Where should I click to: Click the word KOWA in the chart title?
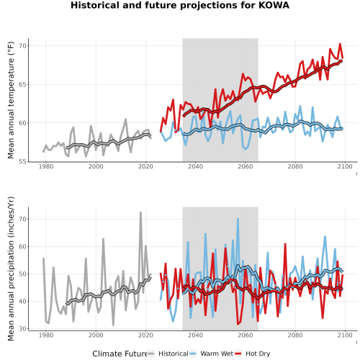coord(274,5)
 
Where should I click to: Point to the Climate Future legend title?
coord(120,354)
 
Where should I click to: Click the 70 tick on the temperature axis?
coord(22,45)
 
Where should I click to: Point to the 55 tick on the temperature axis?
coord(22,161)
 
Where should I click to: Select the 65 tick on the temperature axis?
coord(22,84)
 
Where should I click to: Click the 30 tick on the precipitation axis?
coord(22,328)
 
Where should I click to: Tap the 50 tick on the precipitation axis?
coord(22,274)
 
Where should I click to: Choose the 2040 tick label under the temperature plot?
coord(195,166)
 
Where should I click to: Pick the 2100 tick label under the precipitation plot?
coord(345,335)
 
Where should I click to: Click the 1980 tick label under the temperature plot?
coord(46,166)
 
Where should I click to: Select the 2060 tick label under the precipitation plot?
coord(246,335)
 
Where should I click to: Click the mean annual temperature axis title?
coord(11,100)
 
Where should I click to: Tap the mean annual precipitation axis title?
coord(11,269)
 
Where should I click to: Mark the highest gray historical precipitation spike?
coord(140,212)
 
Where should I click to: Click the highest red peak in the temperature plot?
coord(340,44)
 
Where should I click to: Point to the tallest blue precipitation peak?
coord(238,219)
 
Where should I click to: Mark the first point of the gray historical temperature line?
coord(43,152)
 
